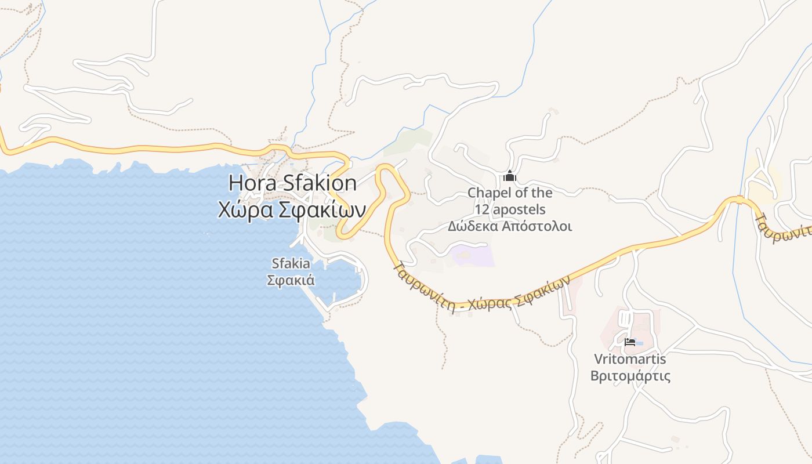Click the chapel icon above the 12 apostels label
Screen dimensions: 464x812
pos(510,176)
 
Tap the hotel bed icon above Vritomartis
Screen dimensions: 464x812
pos(629,342)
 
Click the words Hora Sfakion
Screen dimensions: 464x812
pos(292,183)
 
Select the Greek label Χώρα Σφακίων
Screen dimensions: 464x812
pos(291,209)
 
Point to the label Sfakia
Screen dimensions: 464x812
pos(291,264)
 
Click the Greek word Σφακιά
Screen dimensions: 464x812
pos(291,280)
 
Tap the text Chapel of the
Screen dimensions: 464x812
pos(510,193)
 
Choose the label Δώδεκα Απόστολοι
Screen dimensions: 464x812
pos(510,226)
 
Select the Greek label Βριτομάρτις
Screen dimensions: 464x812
pos(630,376)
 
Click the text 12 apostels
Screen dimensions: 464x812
pos(510,209)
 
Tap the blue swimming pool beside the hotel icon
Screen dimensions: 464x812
pos(639,343)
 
